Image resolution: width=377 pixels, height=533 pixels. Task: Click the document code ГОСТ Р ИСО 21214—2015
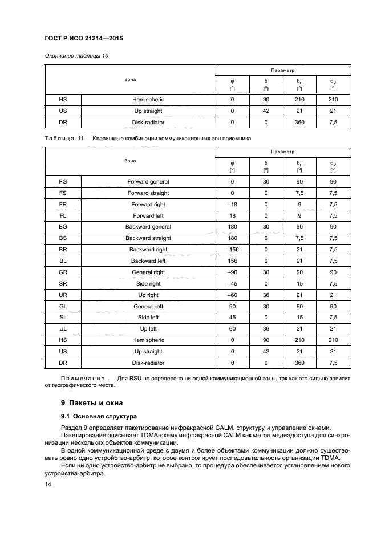(x=84, y=39)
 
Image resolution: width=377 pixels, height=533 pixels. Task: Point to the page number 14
(x=47, y=485)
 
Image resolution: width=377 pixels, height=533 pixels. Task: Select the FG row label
(x=63, y=182)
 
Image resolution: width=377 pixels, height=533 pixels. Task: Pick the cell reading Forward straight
(x=148, y=193)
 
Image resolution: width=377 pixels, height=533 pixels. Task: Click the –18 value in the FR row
(x=232, y=204)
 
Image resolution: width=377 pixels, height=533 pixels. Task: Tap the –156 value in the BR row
(x=232, y=250)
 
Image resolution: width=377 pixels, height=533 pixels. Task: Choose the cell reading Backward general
(x=148, y=227)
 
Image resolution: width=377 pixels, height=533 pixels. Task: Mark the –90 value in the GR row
(x=232, y=272)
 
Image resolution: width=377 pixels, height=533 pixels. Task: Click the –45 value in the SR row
(x=232, y=284)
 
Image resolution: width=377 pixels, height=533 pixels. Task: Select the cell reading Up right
(x=148, y=295)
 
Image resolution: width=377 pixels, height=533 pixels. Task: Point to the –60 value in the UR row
(x=232, y=295)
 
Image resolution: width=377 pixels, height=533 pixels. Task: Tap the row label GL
(x=63, y=306)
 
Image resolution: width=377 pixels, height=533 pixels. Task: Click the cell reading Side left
(x=148, y=318)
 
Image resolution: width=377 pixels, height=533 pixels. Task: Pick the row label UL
(x=63, y=329)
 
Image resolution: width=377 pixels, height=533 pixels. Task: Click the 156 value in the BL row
(x=232, y=261)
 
